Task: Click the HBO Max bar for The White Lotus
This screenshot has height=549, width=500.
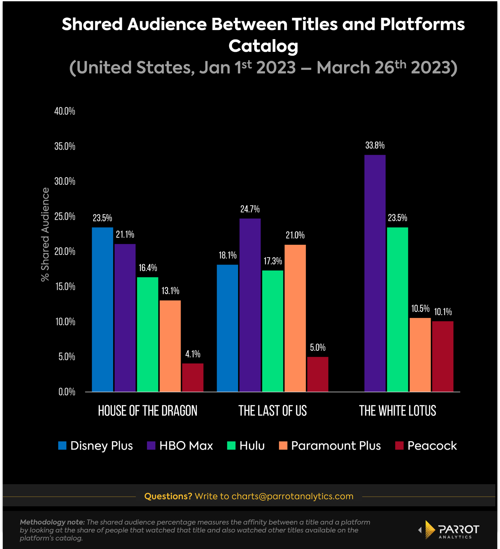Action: [375, 273]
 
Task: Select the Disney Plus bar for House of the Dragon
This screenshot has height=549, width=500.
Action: [102, 309]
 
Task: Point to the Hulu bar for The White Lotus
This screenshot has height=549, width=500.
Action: [397, 309]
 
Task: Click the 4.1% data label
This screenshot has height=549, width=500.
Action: [193, 354]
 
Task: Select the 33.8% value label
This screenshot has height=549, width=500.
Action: [375, 146]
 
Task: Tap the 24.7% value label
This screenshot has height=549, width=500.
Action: [250, 209]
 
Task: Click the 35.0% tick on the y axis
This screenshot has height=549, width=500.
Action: [65, 146]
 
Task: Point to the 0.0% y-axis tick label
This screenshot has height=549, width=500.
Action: [67, 392]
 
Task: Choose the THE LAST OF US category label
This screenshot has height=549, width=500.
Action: [272, 411]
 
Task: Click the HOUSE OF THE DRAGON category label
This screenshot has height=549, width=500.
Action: [147, 411]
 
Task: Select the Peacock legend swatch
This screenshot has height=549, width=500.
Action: [399, 446]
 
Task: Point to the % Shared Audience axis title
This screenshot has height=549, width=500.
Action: [45, 234]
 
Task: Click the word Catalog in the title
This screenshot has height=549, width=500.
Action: [263, 46]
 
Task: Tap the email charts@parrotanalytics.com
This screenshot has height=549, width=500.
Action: [292, 496]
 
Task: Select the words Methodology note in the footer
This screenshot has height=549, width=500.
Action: [52, 522]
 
